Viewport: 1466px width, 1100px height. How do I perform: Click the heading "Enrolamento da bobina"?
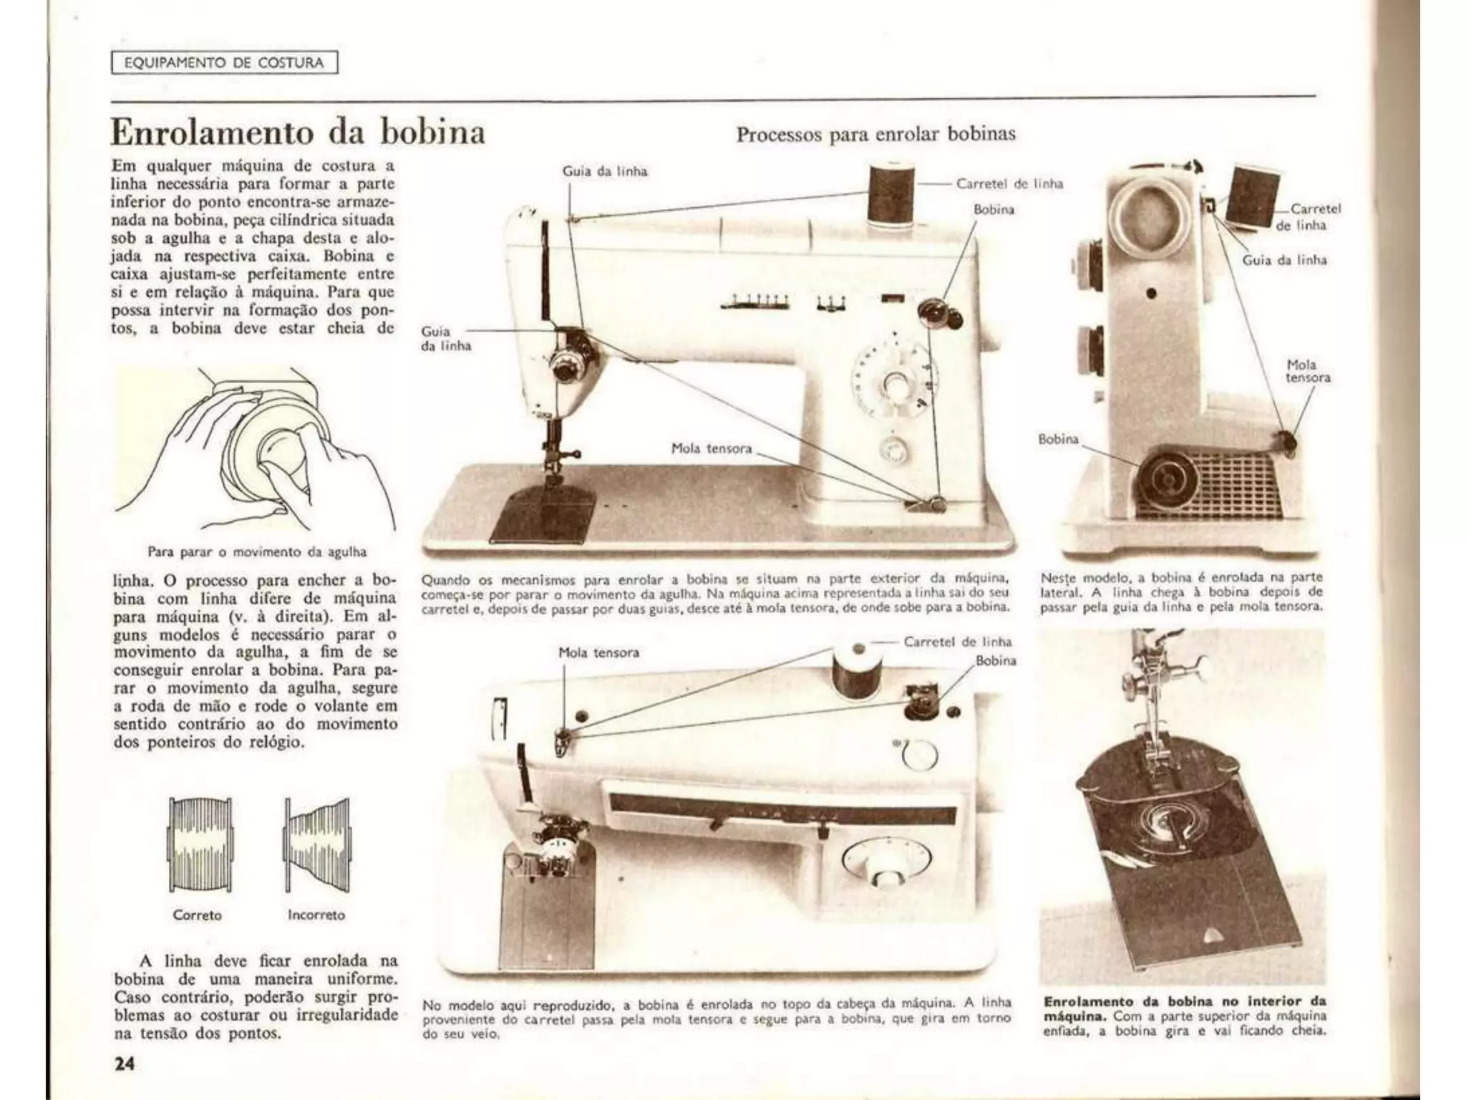pyautogui.click(x=298, y=133)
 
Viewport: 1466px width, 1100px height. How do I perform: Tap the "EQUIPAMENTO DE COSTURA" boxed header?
pyautogui.click(x=224, y=63)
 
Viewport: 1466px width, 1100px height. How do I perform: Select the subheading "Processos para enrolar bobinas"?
pyautogui.click(x=875, y=135)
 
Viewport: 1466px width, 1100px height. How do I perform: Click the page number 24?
pyautogui.click(x=125, y=1063)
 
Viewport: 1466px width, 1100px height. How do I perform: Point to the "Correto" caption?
pyautogui.click(x=197, y=915)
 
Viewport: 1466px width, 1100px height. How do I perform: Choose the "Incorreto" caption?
pyautogui.click(x=316, y=915)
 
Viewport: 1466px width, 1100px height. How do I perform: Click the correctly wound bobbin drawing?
pyautogui.click(x=199, y=844)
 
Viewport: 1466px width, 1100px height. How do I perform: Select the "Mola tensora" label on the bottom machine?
pyautogui.click(x=598, y=652)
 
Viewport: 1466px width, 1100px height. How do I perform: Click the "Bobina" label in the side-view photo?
pyautogui.click(x=1058, y=439)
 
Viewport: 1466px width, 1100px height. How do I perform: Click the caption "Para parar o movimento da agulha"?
pyautogui.click(x=257, y=552)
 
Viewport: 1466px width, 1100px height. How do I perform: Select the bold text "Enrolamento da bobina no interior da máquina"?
pyautogui.click(x=1185, y=1008)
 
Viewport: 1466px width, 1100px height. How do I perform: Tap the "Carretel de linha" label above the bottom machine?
pyautogui.click(x=958, y=642)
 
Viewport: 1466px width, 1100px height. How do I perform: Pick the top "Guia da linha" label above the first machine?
pyautogui.click(x=605, y=172)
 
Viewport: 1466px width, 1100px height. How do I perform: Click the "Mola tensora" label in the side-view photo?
pyautogui.click(x=1308, y=371)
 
